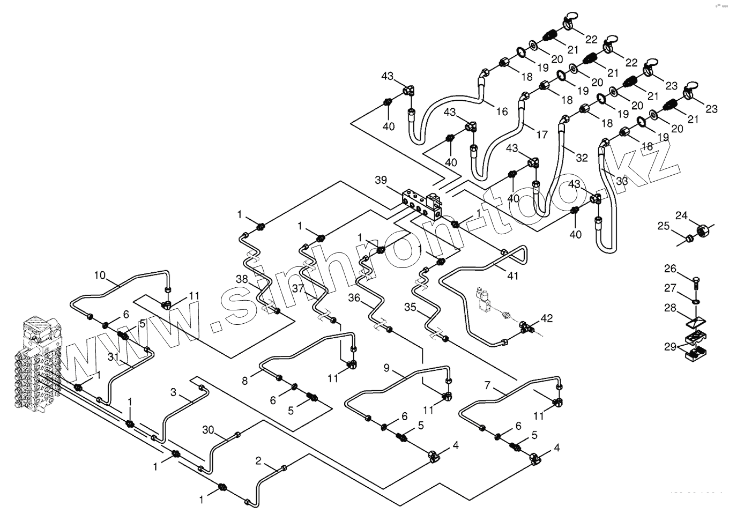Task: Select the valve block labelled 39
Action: click(x=421, y=203)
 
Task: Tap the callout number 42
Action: click(x=546, y=318)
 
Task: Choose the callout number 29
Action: click(x=671, y=347)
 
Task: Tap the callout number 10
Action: click(x=100, y=276)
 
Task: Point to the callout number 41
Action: click(x=513, y=276)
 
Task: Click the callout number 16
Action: click(x=502, y=111)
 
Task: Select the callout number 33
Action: click(x=621, y=181)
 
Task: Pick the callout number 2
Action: click(x=258, y=460)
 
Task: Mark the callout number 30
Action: click(x=208, y=429)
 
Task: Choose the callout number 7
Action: click(x=487, y=385)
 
